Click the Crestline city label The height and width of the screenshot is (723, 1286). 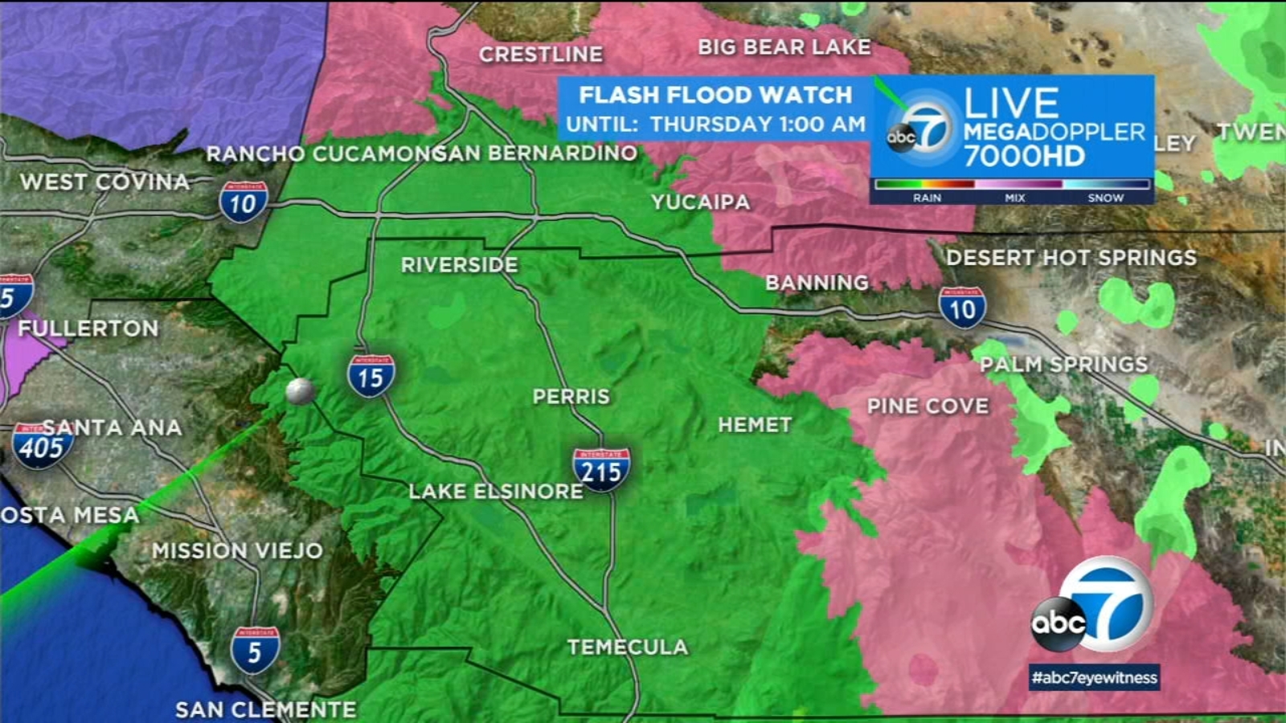pos(540,55)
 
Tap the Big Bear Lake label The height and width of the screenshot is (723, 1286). pos(784,47)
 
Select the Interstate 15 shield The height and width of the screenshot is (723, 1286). pos(371,376)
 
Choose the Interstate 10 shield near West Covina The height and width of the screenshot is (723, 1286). pos(243,202)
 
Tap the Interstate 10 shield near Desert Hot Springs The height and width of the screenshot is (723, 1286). pos(962,308)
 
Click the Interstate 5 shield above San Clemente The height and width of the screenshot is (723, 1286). pos(255,650)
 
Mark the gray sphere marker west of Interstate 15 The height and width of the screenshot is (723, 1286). pos(300,391)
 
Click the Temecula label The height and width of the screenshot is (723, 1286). pos(628,647)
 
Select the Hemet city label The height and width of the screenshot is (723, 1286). pos(755,424)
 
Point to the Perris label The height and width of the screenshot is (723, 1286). pos(571,396)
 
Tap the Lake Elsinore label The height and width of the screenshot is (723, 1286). pos(495,492)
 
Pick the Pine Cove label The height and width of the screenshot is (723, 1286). pos(928,406)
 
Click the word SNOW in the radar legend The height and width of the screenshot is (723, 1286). pos(1105,198)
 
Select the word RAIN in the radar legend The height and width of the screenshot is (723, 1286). pos(927,198)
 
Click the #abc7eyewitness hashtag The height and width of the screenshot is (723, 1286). pos(1095,677)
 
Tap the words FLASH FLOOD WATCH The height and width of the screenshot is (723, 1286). pos(715,95)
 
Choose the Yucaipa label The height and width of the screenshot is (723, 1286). pos(700,202)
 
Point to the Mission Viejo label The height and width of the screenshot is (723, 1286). pos(237,551)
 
